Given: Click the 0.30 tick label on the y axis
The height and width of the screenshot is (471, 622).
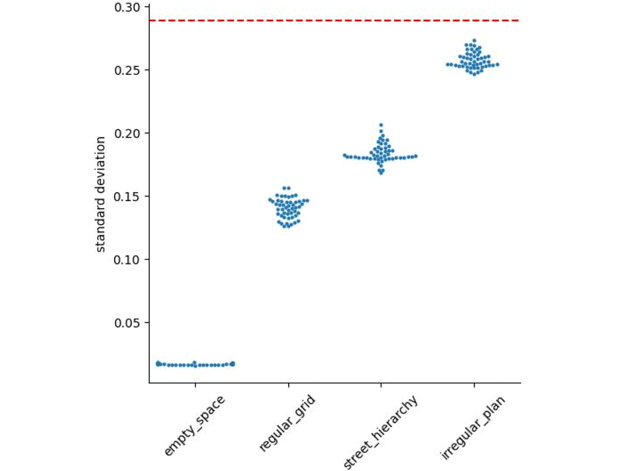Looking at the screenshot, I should [x=128, y=7].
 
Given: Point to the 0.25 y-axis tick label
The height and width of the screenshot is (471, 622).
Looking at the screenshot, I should [x=128, y=70].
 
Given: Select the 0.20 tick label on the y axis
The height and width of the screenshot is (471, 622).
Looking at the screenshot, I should [x=128, y=133].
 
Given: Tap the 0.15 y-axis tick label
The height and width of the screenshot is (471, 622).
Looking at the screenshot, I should [x=128, y=196].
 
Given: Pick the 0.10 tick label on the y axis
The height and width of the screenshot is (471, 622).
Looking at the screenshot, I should [x=128, y=259].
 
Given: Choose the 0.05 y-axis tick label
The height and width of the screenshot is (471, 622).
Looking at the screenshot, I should [x=128, y=323].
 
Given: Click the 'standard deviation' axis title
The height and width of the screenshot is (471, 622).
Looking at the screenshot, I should [x=101, y=194].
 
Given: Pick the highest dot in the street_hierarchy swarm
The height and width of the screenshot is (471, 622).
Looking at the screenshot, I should [x=381, y=125].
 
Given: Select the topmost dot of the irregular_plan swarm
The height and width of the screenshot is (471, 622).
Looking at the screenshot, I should [x=474, y=40].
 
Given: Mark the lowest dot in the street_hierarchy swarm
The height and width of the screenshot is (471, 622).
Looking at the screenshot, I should [x=381, y=172].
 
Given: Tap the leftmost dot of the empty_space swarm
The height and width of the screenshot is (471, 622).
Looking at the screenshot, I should [x=158, y=364].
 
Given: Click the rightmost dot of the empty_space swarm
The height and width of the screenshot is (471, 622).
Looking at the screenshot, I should [x=233, y=364].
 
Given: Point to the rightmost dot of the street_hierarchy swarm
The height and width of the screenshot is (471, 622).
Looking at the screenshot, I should [x=416, y=156].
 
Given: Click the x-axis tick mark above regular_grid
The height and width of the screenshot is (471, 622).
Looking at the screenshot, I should [x=288, y=386].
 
